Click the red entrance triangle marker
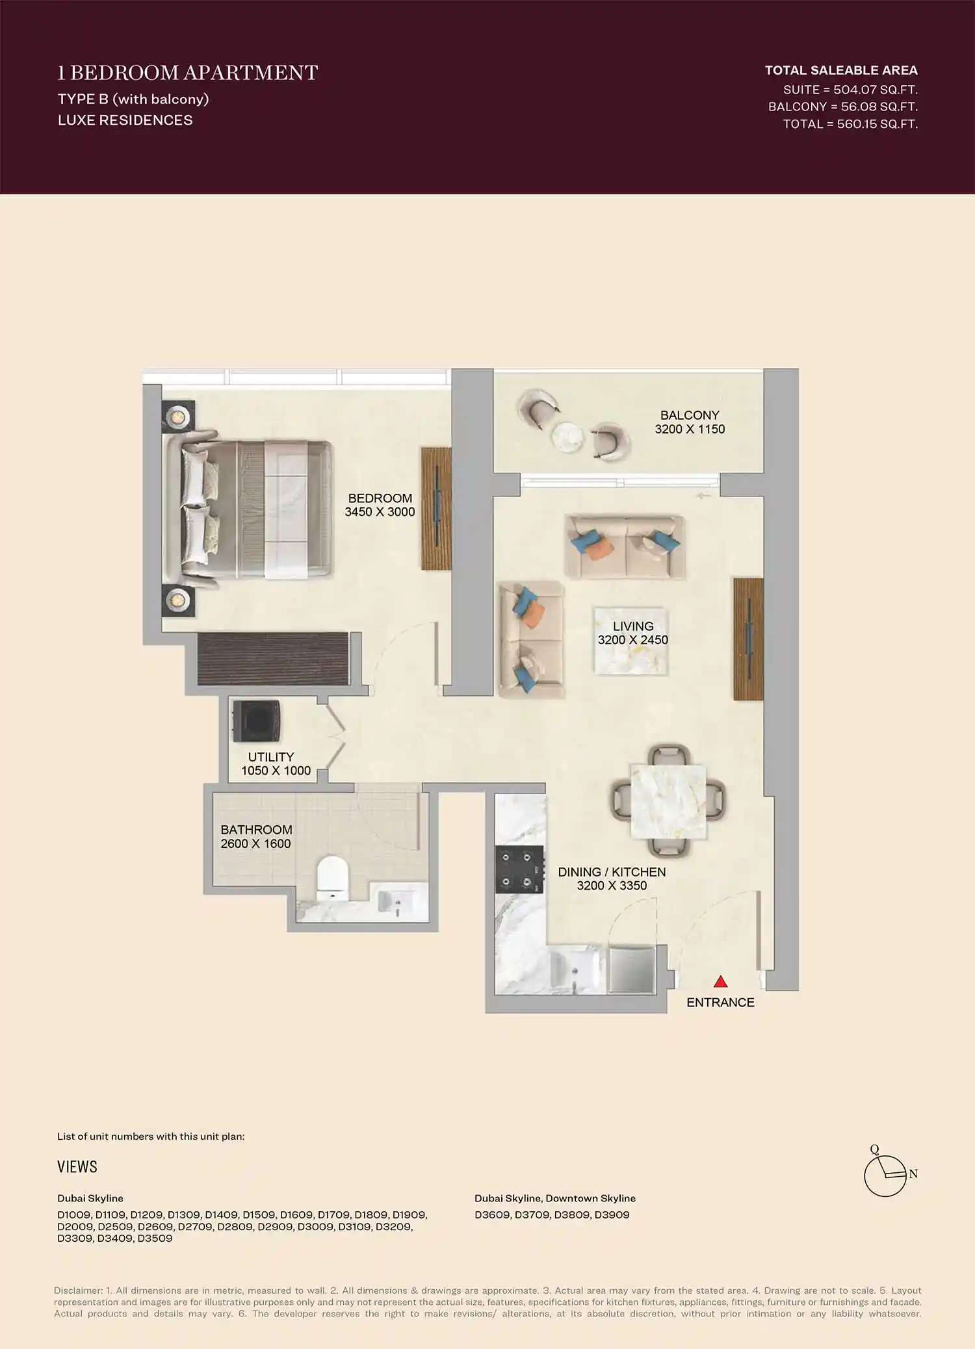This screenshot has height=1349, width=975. point(720,981)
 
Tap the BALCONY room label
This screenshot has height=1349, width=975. point(690,415)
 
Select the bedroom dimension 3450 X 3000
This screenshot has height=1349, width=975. point(380,512)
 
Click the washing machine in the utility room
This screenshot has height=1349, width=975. point(257,721)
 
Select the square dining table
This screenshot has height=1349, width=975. point(668,801)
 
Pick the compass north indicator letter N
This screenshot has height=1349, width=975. point(913,1174)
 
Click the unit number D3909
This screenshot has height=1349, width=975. point(612,1214)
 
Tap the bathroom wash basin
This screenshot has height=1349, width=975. point(395,901)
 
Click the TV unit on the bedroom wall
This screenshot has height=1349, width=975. point(436,508)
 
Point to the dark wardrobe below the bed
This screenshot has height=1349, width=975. point(274,659)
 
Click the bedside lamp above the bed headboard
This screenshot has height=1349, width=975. point(177,416)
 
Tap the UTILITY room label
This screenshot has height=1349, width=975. point(270,757)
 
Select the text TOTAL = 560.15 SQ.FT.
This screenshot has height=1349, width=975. point(850,124)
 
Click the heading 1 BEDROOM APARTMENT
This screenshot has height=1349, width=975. point(188,73)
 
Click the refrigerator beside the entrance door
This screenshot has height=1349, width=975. point(631,970)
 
